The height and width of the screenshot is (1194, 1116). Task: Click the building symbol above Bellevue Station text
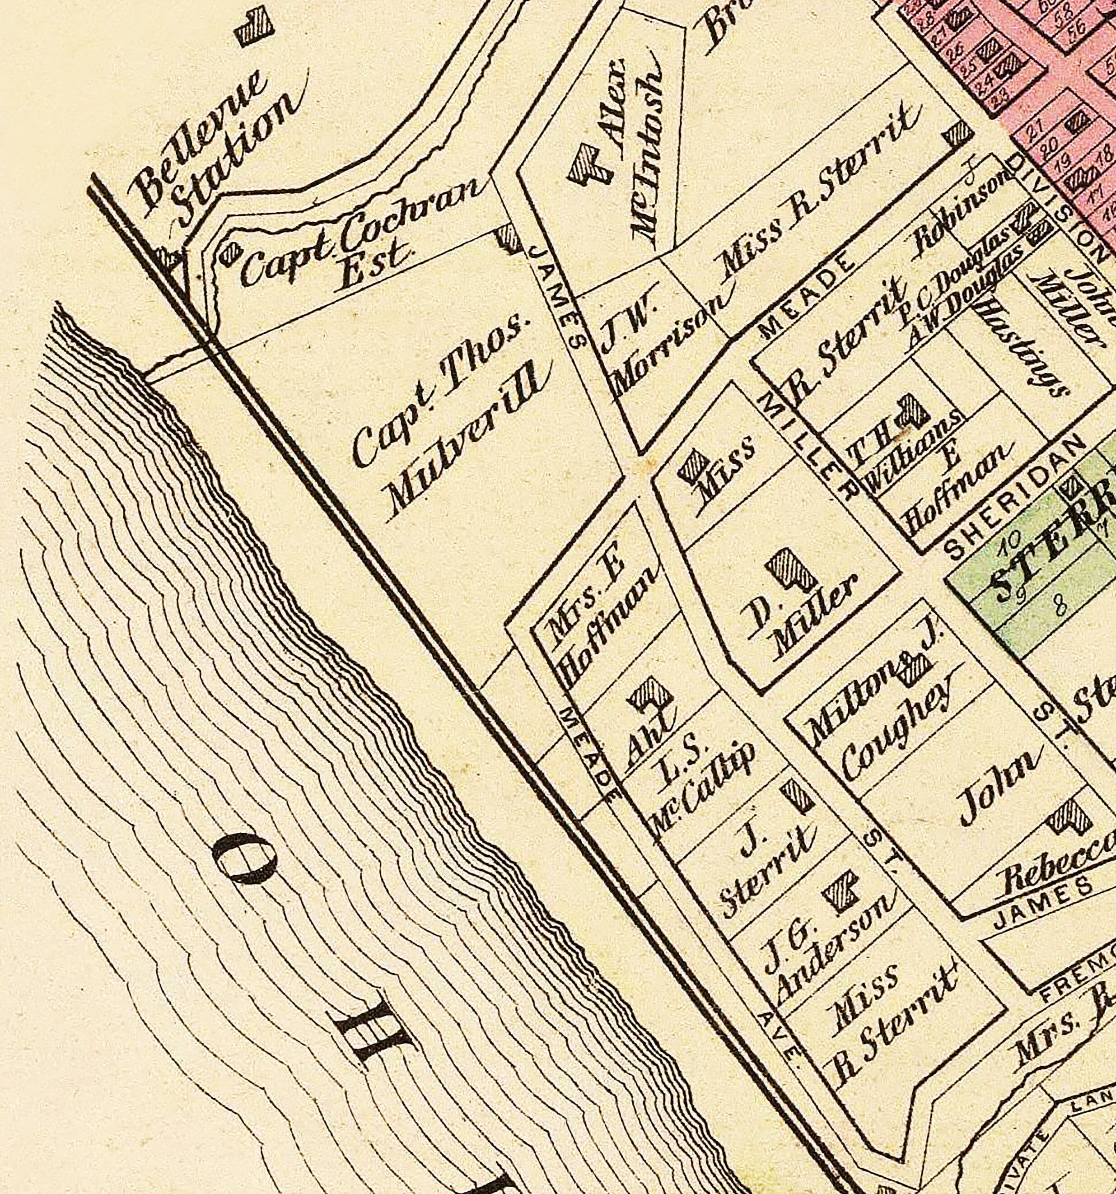click(x=255, y=27)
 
